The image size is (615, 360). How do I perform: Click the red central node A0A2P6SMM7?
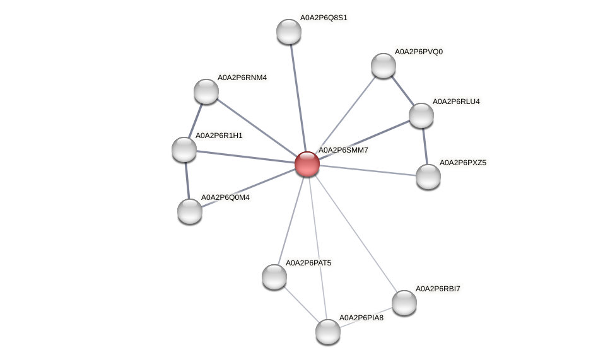pos(307,164)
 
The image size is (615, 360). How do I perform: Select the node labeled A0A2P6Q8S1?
pos(289,32)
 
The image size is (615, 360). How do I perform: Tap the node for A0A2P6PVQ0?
pos(383,66)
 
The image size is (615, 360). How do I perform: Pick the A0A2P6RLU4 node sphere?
pos(421,115)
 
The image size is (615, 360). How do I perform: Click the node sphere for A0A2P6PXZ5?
pos(428,177)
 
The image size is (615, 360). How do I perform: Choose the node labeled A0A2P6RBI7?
pos(404,303)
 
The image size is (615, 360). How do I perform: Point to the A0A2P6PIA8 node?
pos(327,332)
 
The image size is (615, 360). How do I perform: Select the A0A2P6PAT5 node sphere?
pos(274,276)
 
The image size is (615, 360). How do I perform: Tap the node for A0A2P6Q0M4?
pos(189,211)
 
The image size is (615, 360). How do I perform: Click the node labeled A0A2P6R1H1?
pos(184,149)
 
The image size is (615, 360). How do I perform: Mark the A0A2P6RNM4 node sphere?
pos(206,91)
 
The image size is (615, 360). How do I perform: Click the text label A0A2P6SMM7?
pos(343,150)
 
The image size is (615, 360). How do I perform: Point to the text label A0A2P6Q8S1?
pos(323,18)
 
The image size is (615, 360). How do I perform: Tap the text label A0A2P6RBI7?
pos(438,289)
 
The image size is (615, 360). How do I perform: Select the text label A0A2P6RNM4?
pos(242,78)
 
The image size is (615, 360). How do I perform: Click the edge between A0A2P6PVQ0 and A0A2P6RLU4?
pos(402,90)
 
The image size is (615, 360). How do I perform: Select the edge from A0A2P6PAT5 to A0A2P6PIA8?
pos(300,304)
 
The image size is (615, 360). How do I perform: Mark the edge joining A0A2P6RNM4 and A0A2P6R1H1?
pos(195,120)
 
